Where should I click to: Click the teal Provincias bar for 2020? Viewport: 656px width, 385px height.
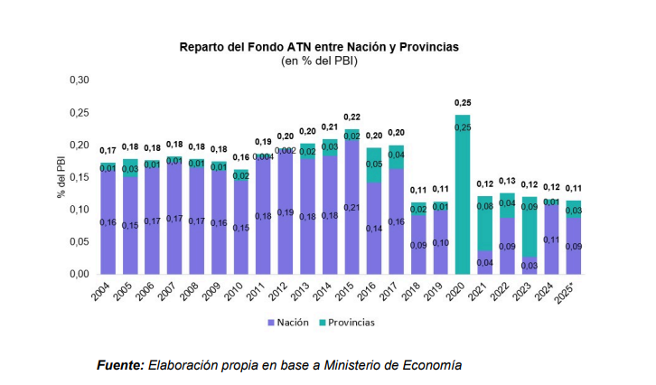[x=463, y=194]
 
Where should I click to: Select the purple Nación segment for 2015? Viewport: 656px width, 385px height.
[x=351, y=208]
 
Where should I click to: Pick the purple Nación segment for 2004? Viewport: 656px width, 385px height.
[x=108, y=221]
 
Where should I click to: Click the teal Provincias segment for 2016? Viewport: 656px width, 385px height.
[x=374, y=164]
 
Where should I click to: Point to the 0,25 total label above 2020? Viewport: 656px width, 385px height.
[x=463, y=103]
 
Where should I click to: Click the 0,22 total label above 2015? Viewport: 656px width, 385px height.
[x=351, y=117]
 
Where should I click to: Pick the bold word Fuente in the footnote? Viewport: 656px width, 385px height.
[x=120, y=365]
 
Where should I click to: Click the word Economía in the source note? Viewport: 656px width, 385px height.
[x=430, y=365]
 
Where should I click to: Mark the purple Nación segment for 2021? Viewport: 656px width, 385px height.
[x=484, y=262]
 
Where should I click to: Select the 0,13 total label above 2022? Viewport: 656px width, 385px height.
[x=507, y=182]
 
